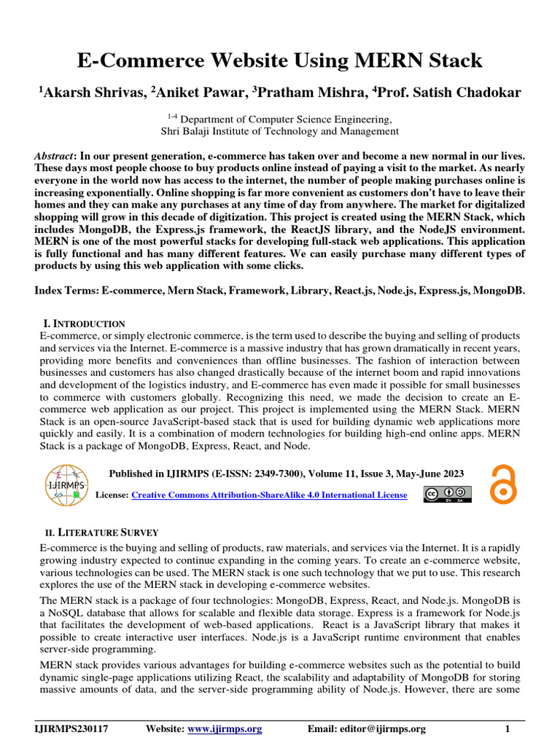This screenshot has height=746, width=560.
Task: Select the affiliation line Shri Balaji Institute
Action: [x=279, y=131]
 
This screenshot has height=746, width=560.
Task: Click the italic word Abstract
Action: [x=55, y=157]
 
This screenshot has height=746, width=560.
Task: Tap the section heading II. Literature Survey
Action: [x=98, y=533]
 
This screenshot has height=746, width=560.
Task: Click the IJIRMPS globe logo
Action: [x=66, y=484]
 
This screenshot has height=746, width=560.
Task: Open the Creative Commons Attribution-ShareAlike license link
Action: [x=278, y=495]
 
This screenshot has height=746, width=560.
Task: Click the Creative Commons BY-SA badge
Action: [x=448, y=495]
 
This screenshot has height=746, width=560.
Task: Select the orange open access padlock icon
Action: [x=503, y=484]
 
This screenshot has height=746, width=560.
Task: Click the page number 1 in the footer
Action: [x=507, y=729]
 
